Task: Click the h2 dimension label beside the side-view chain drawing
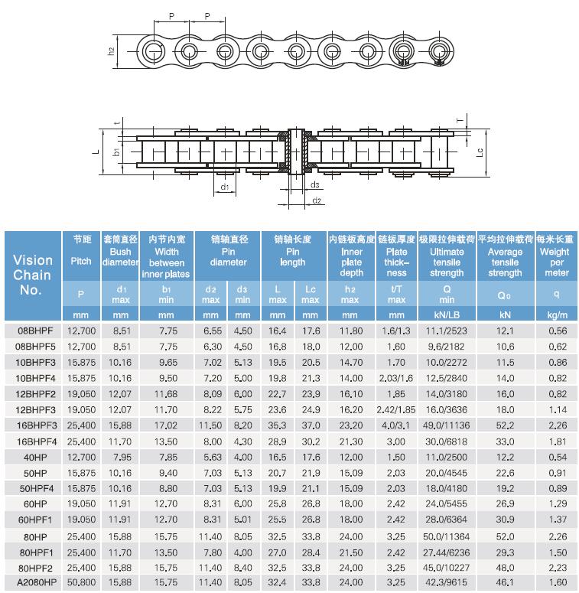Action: pyautogui.click(x=112, y=51)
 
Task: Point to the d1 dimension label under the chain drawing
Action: pyautogui.click(x=224, y=186)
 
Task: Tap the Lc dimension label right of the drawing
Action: pyautogui.click(x=479, y=152)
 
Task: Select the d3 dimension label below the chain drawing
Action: pyautogui.click(x=315, y=185)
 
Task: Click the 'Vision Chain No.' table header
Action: pyautogui.click(x=32, y=275)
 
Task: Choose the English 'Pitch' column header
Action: pyautogui.click(x=81, y=261)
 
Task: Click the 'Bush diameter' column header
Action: pyautogui.click(x=121, y=256)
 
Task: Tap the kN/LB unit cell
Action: pyautogui.click(x=447, y=314)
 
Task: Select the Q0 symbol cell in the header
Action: pyautogui.click(x=505, y=295)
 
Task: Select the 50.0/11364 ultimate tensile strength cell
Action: pyautogui.click(x=447, y=536)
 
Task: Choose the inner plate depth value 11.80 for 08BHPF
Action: pyautogui.click(x=350, y=331)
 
